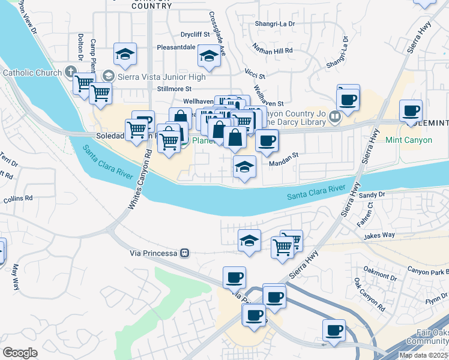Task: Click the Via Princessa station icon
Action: pos(186,253)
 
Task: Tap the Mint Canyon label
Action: pos(409,140)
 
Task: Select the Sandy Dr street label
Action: pos(372,194)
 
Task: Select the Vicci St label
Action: pos(255,74)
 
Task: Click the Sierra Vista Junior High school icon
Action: pos(108,77)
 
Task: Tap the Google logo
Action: pos(20,353)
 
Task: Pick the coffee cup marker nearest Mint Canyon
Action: pos(411,111)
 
